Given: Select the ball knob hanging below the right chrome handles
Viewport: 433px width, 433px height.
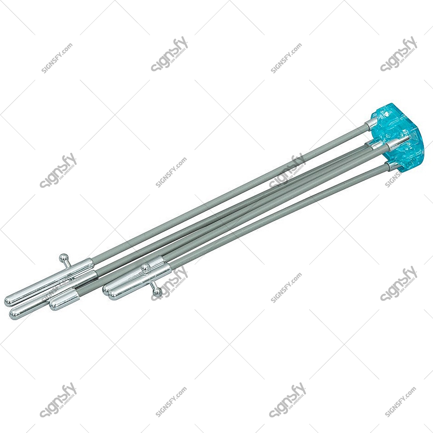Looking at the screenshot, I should click(157, 292).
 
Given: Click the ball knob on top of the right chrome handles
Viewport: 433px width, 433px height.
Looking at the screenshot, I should click(145, 268).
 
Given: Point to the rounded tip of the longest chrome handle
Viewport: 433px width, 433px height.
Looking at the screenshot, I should click(9, 301).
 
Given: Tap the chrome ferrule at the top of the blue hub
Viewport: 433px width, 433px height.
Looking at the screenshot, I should click(372, 123).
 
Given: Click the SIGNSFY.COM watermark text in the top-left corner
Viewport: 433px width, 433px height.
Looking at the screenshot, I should click(57, 58).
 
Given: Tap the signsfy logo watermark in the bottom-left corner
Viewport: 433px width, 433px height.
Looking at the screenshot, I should click(58, 399).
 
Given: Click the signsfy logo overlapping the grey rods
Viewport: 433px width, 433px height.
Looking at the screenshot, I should click(287, 170).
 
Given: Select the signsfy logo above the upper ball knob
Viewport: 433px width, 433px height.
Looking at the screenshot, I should click(58, 170).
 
